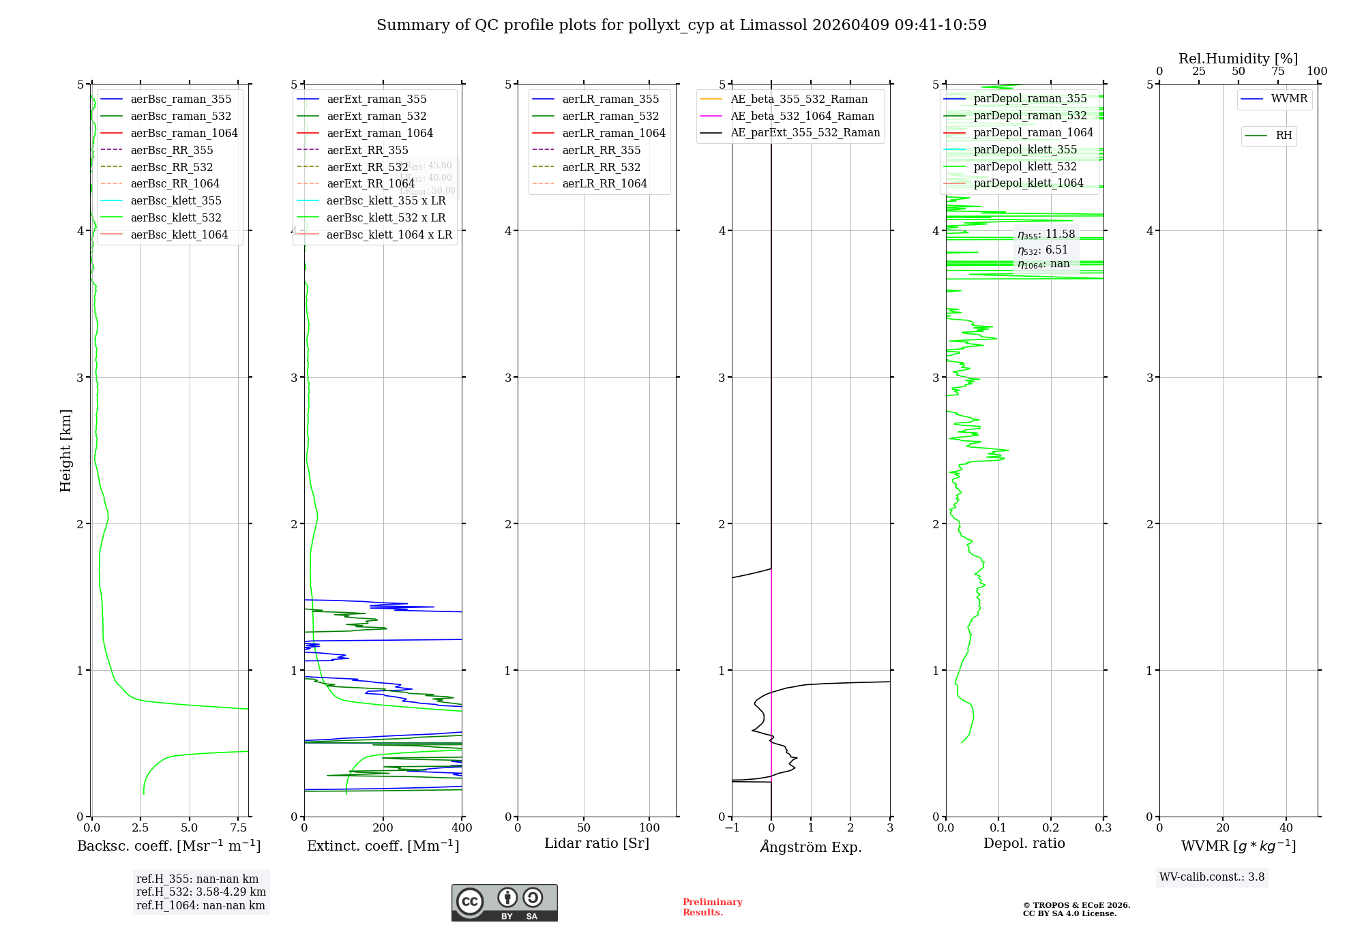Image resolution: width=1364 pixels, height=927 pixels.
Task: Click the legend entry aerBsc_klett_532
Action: (x=175, y=217)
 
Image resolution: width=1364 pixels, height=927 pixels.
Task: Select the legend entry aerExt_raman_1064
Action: (x=379, y=133)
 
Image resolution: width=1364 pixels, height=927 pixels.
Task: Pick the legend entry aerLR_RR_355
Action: (x=601, y=150)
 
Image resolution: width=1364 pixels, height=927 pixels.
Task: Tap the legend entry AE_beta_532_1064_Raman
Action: (x=802, y=116)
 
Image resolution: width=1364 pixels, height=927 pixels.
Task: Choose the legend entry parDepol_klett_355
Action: (x=1024, y=149)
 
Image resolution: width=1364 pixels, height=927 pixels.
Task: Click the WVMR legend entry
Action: (x=1288, y=99)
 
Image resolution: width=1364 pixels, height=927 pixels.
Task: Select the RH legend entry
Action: (x=1283, y=136)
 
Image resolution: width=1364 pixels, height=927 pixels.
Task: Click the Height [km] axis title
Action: (x=65, y=451)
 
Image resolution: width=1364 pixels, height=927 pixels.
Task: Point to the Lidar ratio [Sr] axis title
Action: (x=597, y=843)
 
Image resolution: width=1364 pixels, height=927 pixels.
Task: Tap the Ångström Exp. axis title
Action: (x=811, y=847)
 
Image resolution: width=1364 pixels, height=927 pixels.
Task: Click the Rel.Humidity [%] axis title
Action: (x=1238, y=59)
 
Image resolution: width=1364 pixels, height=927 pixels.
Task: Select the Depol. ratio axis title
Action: (x=1024, y=843)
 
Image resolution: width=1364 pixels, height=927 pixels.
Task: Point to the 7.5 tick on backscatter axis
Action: (x=239, y=827)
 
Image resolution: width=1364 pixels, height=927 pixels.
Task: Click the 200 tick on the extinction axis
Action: (x=383, y=827)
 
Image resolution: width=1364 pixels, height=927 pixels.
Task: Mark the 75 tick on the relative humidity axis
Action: (x=1277, y=72)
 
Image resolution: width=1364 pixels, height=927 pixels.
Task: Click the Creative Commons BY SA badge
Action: (x=504, y=902)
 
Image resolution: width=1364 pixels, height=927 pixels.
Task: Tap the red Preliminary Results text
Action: (x=712, y=907)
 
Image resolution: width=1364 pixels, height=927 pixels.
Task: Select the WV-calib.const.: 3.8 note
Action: (x=1212, y=877)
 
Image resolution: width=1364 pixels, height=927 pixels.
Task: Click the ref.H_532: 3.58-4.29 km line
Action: (x=201, y=892)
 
